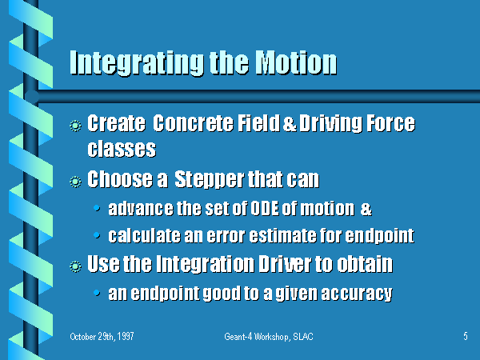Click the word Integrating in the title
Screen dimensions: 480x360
click(137, 63)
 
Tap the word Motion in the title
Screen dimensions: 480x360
click(296, 62)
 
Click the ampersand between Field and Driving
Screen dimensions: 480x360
click(290, 124)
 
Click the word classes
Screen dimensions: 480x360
click(122, 149)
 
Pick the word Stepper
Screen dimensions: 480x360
click(210, 179)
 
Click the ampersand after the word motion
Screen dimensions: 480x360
click(366, 209)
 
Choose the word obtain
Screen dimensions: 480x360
click(365, 263)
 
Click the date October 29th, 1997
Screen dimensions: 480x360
click(102, 337)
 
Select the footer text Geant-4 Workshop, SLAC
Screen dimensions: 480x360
click(269, 337)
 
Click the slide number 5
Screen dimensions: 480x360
click(466, 336)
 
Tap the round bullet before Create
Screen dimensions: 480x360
click(75, 126)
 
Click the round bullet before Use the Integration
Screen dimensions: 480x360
click(75, 266)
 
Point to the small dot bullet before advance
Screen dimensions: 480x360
click(97, 208)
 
